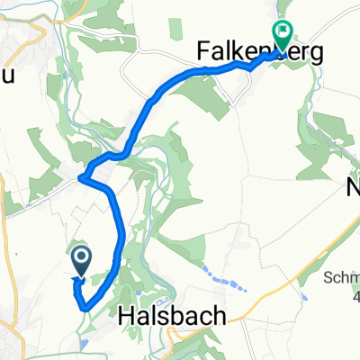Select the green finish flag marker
coord(282,35)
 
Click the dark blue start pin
coord(80,263)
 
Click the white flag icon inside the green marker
coord(282,31)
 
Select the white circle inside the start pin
coord(80,259)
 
